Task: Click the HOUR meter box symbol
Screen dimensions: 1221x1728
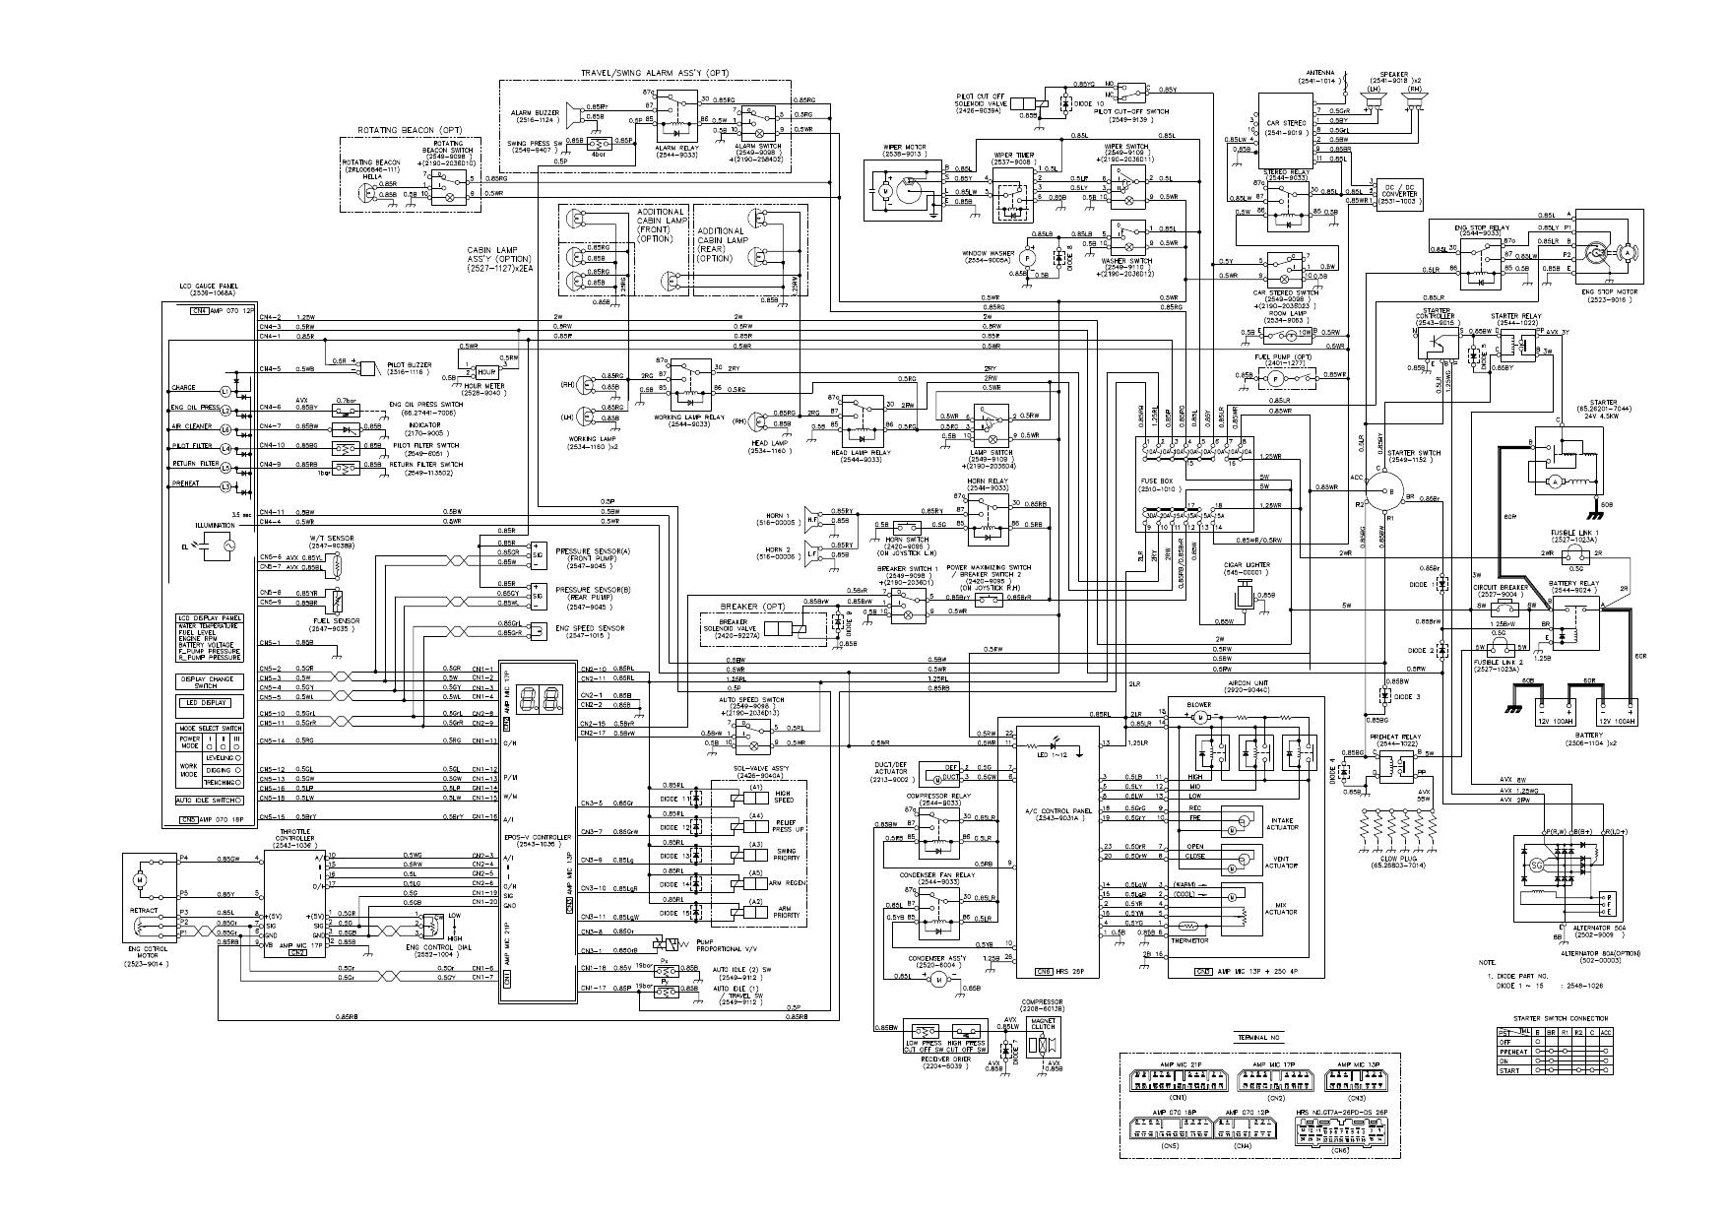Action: (486, 371)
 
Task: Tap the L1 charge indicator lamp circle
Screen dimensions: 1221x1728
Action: (224, 392)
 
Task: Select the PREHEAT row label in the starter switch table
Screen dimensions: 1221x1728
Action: (1512, 1052)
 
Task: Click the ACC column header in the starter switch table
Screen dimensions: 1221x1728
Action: (1607, 1031)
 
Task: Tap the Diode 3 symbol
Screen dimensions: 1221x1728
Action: (1385, 695)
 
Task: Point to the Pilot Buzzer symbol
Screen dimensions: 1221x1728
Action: (368, 368)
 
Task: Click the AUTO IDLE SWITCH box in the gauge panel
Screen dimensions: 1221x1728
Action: (209, 800)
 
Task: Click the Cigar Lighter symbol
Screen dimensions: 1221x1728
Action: (1245, 594)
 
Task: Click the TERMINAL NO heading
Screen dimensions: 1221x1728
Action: (1259, 1039)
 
